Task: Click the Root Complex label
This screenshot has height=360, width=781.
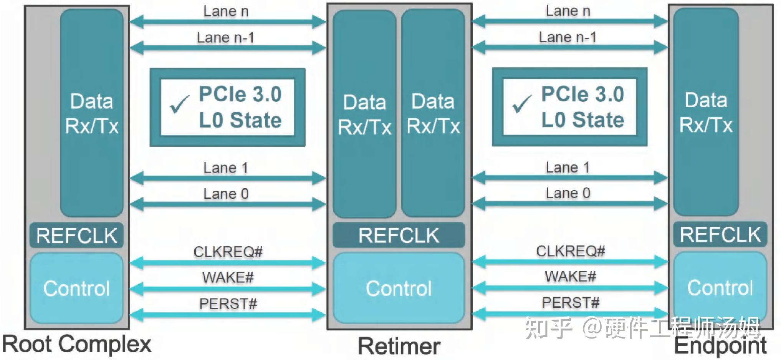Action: tap(77, 344)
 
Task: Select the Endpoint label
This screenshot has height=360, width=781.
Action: tap(720, 345)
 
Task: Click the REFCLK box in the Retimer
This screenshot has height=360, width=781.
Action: tap(399, 235)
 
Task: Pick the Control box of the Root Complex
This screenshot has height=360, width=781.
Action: tap(76, 288)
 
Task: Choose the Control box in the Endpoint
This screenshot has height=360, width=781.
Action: tap(720, 287)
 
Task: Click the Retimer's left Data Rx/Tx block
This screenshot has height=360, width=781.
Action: tap(364, 114)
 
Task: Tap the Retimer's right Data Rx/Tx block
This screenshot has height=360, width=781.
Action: tap(433, 113)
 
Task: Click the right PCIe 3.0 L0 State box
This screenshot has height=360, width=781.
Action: tap(570, 107)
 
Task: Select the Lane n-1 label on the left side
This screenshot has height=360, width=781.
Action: tap(225, 38)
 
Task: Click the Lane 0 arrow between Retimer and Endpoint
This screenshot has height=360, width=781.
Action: tap(570, 204)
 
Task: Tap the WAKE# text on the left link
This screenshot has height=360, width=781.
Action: tap(228, 277)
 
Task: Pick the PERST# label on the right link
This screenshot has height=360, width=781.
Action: tap(570, 303)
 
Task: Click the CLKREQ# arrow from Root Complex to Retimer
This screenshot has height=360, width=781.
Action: tap(228, 263)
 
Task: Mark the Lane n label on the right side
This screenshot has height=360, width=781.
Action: tap(568, 11)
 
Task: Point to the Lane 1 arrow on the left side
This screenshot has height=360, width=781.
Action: tap(228, 178)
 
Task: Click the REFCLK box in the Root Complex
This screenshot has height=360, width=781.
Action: tap(76, 235)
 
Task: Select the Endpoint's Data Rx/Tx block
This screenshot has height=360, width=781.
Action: tap(706, 112)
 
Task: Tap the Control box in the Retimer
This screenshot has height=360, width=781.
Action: tap(399, 288)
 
